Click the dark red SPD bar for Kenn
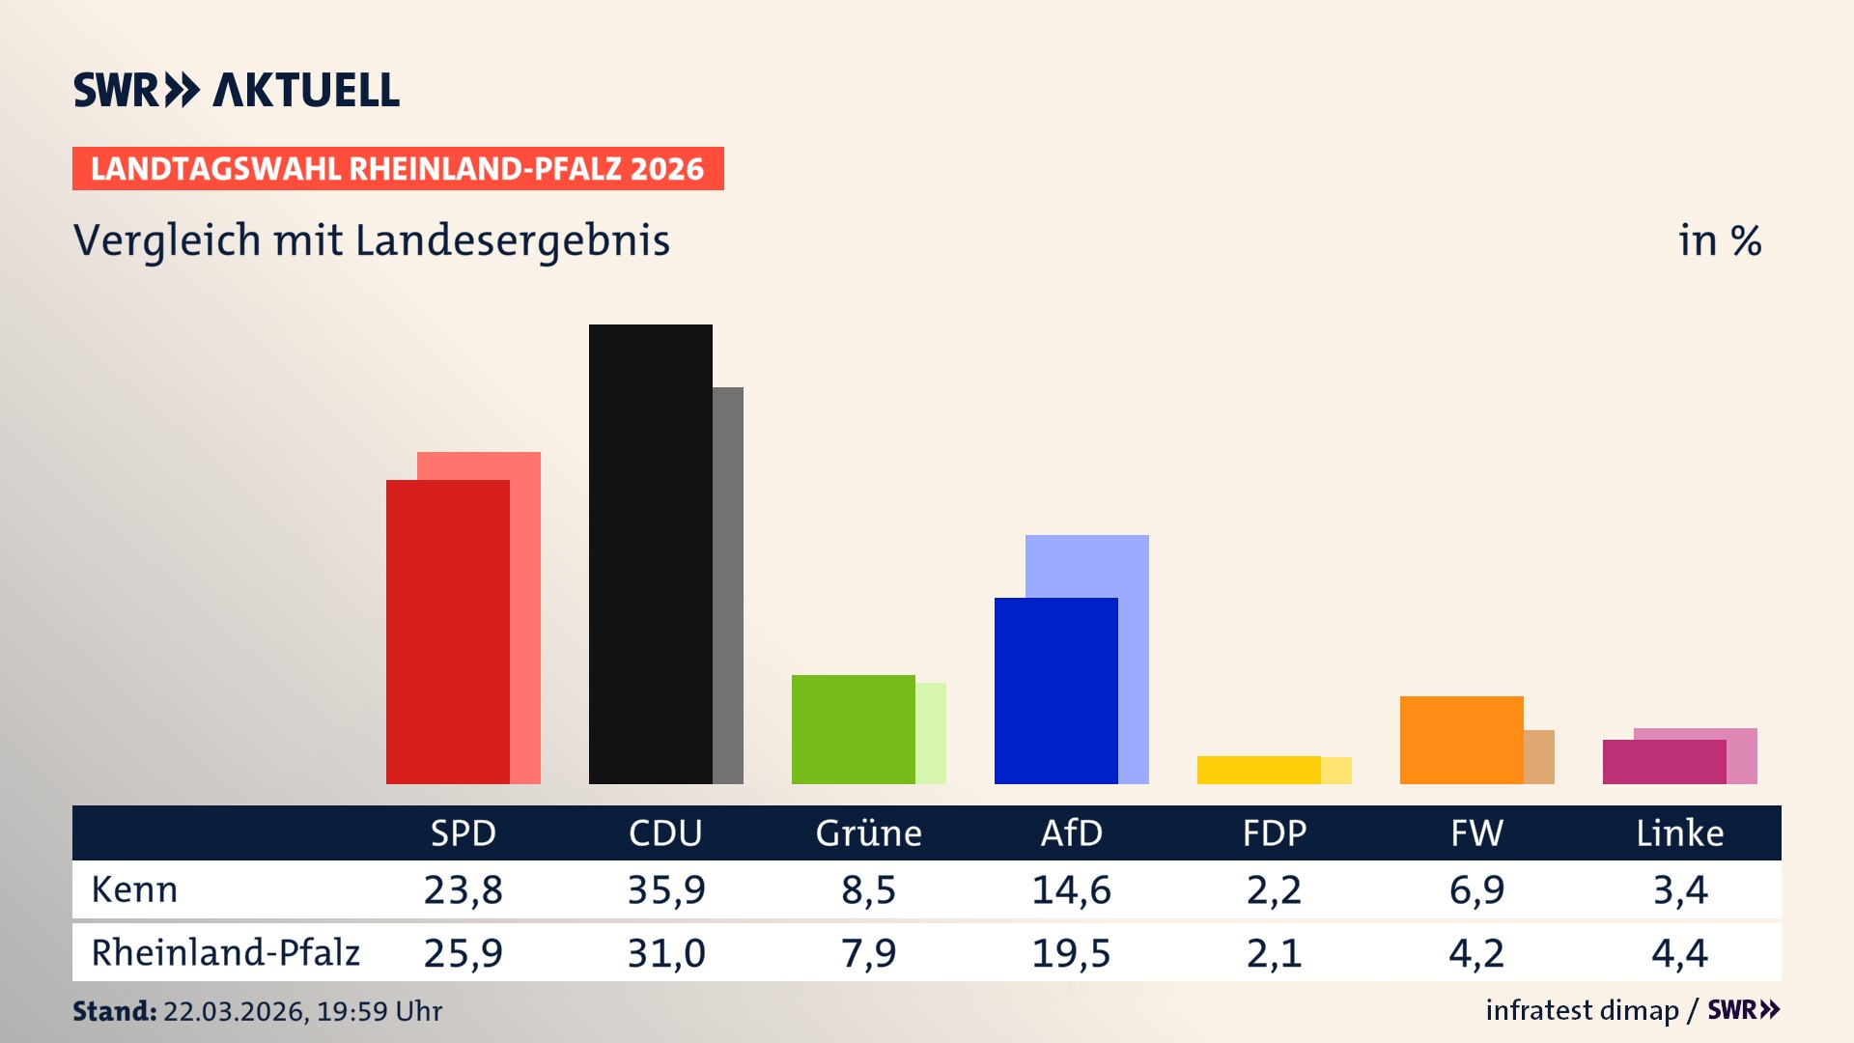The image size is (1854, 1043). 447,633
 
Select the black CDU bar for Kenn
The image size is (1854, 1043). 650,555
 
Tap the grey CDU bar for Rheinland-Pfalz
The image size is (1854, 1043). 728,585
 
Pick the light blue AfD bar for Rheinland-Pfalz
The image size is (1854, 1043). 1087,565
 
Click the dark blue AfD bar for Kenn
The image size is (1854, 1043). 1055,691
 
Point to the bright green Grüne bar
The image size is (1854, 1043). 853,729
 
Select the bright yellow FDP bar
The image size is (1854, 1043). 1258,770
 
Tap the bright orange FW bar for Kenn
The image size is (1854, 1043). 1461,740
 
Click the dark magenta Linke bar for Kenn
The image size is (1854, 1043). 1664,762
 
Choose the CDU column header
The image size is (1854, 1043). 665,833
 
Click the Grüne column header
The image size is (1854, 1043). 868,833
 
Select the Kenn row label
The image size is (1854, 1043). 134,889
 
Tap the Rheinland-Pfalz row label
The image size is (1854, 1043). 225,953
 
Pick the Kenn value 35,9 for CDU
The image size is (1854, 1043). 666,889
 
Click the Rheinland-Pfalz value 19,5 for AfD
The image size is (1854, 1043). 1071,953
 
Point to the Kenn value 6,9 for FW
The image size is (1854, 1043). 1476,889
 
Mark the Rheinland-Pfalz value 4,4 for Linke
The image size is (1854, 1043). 1679,953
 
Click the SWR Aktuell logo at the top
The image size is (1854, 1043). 236,90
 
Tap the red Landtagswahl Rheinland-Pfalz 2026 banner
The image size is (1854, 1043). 398,169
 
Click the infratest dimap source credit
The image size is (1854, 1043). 1582,1010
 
